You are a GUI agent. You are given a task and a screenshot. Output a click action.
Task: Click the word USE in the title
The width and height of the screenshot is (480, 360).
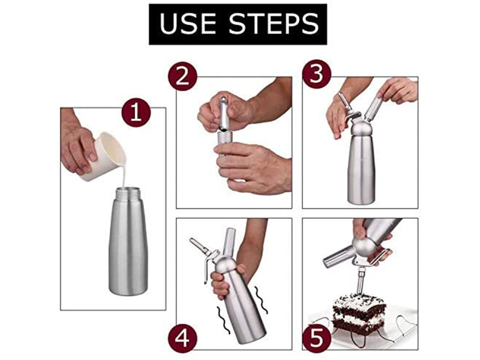coord(187,24)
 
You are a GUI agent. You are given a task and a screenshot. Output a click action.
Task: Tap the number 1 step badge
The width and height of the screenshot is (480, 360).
coord(136,112)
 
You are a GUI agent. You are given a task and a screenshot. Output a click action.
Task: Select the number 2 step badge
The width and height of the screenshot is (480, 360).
coord(182,76)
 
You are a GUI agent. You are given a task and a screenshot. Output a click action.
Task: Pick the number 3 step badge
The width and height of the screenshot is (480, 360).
coord(317,74)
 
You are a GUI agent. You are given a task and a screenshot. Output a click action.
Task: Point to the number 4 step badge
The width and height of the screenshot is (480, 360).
coord(182,339)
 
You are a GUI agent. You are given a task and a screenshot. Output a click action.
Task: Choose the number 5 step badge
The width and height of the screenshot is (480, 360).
coord(317,339)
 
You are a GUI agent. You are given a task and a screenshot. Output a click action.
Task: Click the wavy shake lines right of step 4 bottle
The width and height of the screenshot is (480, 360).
coord(261,300)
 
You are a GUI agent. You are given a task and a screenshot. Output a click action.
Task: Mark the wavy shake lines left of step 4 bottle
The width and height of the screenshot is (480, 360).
coord(224,320)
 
